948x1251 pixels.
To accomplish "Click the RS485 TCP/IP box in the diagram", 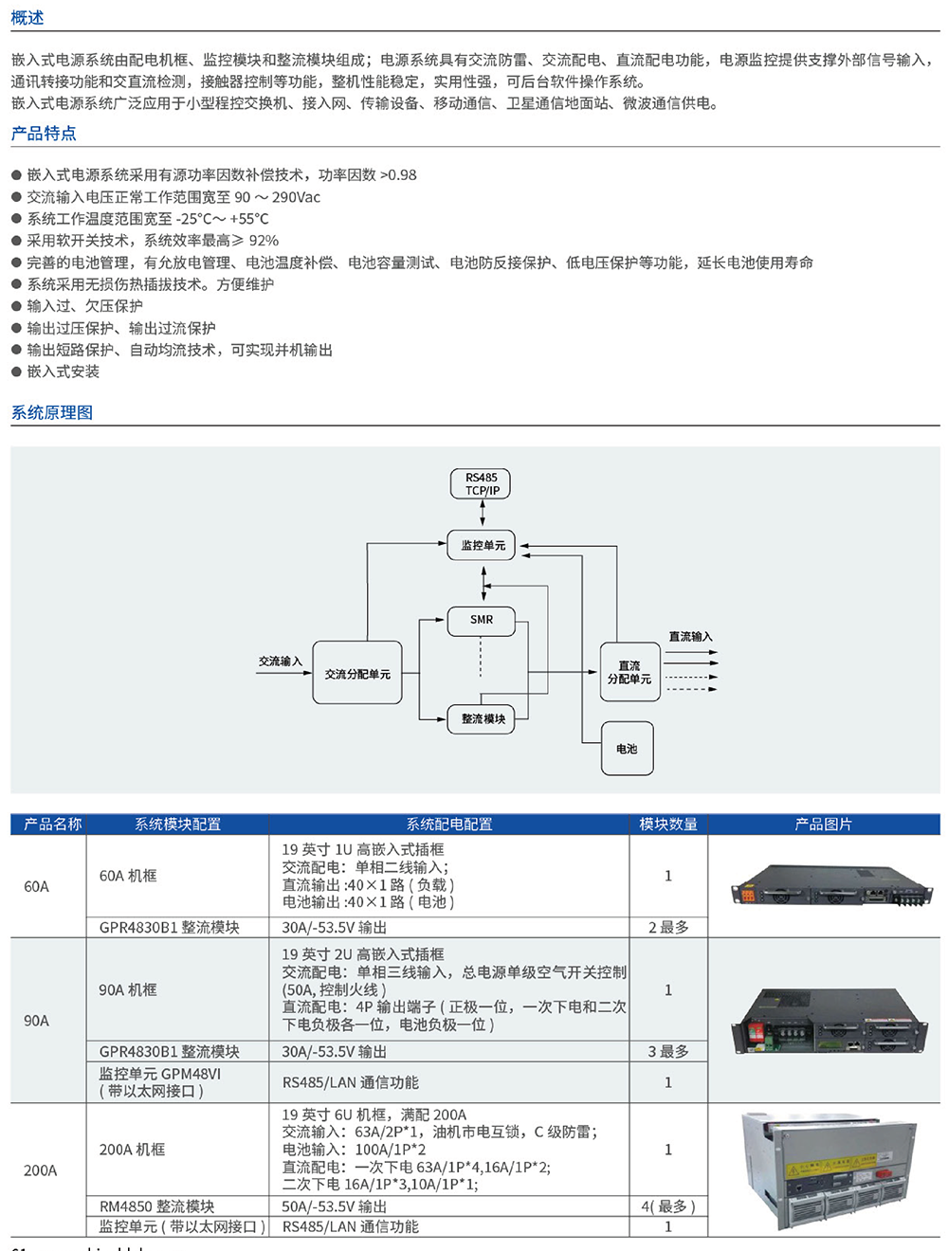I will click(x=481, y=484).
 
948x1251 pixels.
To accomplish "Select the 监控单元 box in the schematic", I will click(x=482, y=545).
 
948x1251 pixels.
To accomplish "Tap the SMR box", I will click(x=481, y=620).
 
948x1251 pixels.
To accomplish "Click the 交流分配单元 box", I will click(x=357, y=674).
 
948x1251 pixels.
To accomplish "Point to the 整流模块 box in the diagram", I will click(x=482, y=718).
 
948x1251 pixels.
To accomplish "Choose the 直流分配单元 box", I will click(x=629, y=673).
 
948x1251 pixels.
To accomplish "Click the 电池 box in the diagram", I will click(x=627, y=749).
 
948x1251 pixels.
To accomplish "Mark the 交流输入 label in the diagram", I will click(x=281, y=662).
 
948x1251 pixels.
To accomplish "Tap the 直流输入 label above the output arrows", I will click(x=690, y=637).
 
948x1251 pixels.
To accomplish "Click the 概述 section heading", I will click(x=27, y=18).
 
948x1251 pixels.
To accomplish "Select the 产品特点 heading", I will click(x=44, y=134).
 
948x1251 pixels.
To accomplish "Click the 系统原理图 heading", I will click(x=52, y=412).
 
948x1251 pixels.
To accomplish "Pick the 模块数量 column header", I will click(x=668, y=825).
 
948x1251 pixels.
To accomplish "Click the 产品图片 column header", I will click(x=823, y=825).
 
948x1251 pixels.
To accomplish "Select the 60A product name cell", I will click(x=37, y=887).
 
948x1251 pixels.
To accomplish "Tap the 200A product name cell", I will click(x=40, y=1170).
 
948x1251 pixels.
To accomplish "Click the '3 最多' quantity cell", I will click(x=668, y=1052).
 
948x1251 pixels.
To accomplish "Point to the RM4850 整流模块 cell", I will click(x=157, y=1206).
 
